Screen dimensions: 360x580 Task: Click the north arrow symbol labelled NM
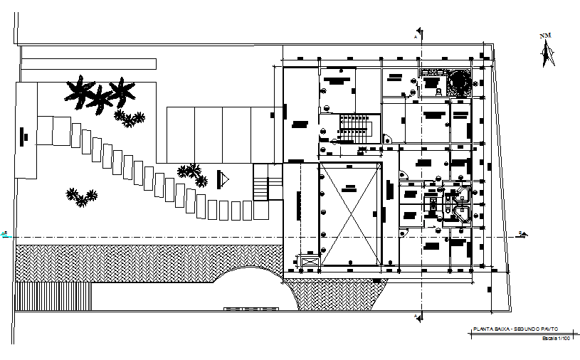click(547, 51)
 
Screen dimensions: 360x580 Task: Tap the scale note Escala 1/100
click(557, 339)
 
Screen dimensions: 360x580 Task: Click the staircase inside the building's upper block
click(353, 127)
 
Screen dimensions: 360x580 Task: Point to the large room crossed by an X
click(349, 213)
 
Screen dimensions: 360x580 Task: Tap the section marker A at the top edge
click(419, 34)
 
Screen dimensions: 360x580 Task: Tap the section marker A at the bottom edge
click(418, 314)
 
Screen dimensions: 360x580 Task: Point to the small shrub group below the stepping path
click(81, 196)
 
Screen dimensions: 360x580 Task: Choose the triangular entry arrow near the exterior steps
click(223, 179)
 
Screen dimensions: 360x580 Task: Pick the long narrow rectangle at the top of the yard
click(88, 63)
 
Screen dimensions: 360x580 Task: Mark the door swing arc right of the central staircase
click(387, 140)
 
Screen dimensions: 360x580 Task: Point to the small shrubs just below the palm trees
click(130, 119)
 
